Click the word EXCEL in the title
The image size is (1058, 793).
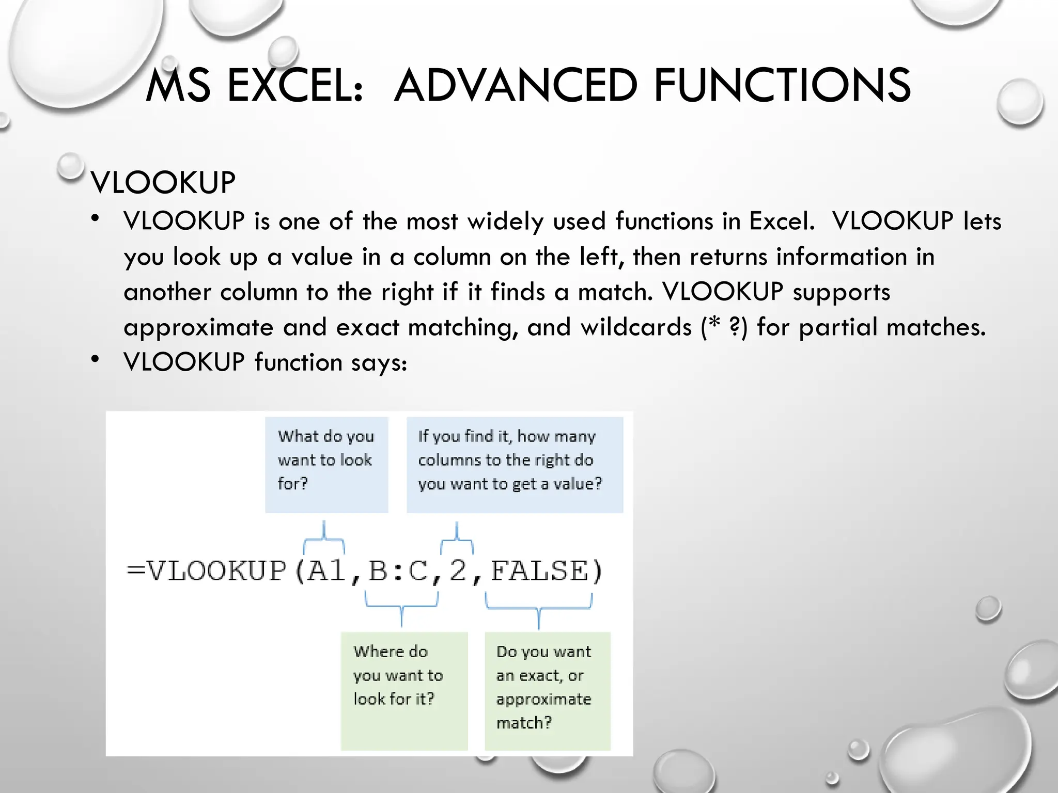[x=295, y=86]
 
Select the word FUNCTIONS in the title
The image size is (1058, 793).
[x=782, y=86]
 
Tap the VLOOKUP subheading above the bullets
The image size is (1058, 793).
[x=163, y=183]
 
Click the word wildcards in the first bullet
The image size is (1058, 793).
[x=636, y=327]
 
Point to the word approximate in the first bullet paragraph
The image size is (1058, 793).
[x=199, y=327]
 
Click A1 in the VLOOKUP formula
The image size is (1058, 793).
[x=326, y=571]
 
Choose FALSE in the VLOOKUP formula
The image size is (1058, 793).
[x=539, y=571]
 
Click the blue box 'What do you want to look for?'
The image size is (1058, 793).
[x=326, y=464]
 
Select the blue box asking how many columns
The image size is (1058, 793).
[x=515, y=464]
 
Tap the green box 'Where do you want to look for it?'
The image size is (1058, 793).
[x=404, y=690]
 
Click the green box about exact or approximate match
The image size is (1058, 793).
[x=547, y=690]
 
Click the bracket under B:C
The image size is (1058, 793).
[x=402, y=607]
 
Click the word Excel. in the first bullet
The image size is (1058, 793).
[x=782, y=221]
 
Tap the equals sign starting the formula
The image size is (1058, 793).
[x=136, y=571]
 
